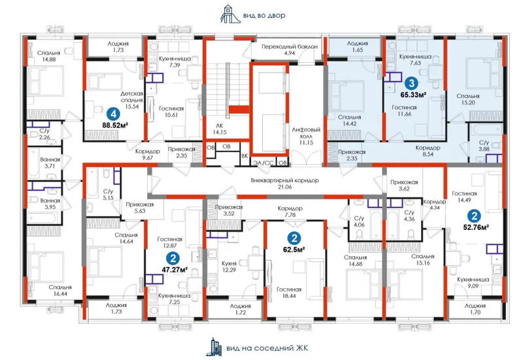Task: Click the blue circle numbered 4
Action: pyautogui.click(x=113, y=114)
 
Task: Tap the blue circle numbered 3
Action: pyautogui.click(x=412, y=84)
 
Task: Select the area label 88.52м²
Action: pyautogui.click(x=116, y=125)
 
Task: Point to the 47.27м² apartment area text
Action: pyautogui.click(x=174, y=269)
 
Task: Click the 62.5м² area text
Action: pyautogui.click(x=295, y=250)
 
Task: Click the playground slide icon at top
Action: pyautogui.click(x=230, y=14)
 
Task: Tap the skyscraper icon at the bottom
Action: pyautogui.click(x=216, y=347)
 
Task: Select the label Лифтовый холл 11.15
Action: pyautogui.click(x=306, y=136)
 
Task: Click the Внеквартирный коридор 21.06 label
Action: pyautogui.click(x=285, y=184)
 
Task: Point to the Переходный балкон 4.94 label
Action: pyautogui.click(x=290, y=50)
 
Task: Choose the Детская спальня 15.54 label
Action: pyautogui.click(x=132, y=100)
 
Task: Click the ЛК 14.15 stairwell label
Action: pyautogui.click(x=220, y=129)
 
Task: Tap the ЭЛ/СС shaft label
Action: pyautogui.click(x=263, y=163)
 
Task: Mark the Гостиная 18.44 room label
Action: pyautogui.click(x=289, y=293)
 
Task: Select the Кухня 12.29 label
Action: pyautogui.click(x=229, y=267)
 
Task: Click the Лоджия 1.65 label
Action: pyautogui.click(x=358, y=46)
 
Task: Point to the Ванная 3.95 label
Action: pyautogui.click(x=50, y=204)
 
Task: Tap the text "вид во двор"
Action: pyautogui.click(x=264, y=16)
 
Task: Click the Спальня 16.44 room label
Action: pyautogui.click(x=60, y=290)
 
